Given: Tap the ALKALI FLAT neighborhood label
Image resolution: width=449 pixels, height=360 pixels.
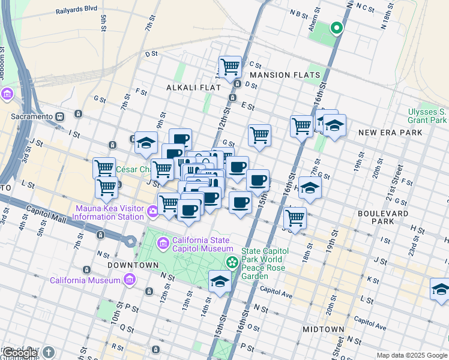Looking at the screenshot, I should [190, 88].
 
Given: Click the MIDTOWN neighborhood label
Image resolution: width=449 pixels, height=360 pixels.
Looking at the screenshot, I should [323, 329].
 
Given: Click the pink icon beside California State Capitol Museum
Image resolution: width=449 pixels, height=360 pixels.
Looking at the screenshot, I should [163, 244].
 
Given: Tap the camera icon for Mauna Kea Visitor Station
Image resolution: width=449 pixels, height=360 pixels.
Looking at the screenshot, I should [153, 210].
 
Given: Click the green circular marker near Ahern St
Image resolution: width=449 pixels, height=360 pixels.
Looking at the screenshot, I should [337, 27].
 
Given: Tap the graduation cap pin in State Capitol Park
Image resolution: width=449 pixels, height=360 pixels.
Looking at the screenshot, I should [220, 281].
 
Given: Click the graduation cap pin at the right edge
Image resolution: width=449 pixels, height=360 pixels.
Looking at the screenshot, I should [441, 288].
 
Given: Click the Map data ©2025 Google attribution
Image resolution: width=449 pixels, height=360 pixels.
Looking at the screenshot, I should [411, 355].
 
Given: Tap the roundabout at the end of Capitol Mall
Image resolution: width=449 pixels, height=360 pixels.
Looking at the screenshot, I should [130, 241].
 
